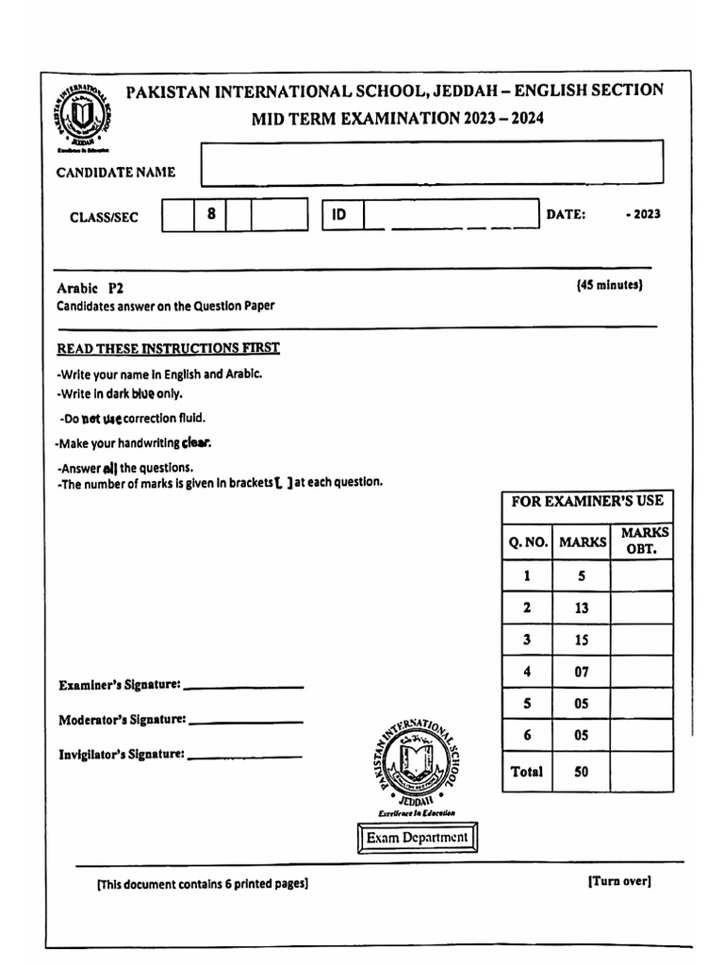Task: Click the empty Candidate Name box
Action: [432, 162]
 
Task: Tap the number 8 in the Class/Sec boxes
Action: [211, 214]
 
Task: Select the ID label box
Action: [341, 214]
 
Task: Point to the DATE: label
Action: [566, 214]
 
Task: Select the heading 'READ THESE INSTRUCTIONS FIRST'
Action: [168, 348]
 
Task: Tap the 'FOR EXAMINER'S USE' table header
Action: [586, 501]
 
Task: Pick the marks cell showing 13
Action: [581, 608]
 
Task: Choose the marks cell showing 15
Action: [581, 641]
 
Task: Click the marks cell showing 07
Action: [581, 673]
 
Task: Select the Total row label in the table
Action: [526, 772]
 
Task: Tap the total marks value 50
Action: [581, 772]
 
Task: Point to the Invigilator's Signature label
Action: [121, 755]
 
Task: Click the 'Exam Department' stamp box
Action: [417, 838]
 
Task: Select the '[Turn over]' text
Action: [618, 881]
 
